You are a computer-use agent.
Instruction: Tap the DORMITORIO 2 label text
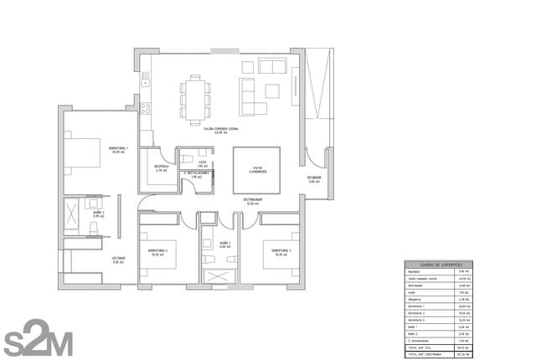(x=158, y=251)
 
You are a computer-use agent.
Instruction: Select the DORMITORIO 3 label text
(x=281, y=251)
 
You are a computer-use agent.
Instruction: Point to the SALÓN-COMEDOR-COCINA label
(x=221, y=130)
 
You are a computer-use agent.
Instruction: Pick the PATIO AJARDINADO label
(x=257, y=170)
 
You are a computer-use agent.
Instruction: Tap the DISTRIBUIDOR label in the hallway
(x=254, y=200)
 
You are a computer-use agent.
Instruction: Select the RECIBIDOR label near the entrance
(x=314, y=178)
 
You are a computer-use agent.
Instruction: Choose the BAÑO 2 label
(x=98, y=214)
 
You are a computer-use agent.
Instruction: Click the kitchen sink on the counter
(x=145, y=83)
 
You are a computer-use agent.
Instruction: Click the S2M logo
(x=38, y=337)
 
